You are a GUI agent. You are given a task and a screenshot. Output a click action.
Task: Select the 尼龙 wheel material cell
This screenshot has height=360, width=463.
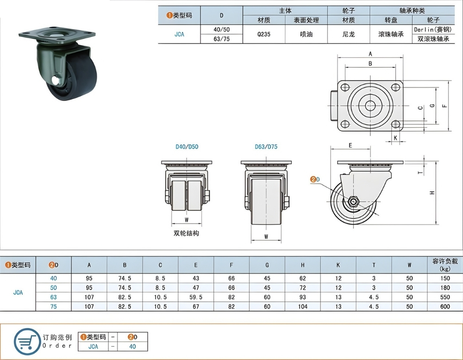pos(348,34)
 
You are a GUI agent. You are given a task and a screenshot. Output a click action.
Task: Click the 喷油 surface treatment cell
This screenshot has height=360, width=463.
pos(306,34)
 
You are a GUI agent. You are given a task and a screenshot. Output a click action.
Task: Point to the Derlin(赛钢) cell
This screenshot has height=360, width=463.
pos(433,29)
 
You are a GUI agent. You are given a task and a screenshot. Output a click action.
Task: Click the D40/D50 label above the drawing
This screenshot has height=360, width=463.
pos(186,147)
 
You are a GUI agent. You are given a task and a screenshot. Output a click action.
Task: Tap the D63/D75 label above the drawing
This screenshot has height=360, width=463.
pos(266,147)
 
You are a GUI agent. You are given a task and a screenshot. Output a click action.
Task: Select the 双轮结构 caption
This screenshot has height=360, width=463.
pos(186,233)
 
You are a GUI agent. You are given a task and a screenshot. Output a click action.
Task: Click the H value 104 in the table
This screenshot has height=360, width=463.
pos(302,306)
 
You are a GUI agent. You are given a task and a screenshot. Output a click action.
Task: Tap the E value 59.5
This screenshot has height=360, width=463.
pos(196,297)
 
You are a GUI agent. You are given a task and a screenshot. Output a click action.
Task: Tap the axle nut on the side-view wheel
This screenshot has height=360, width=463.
pos(353,201)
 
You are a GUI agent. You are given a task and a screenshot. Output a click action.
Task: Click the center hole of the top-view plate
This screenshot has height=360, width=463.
pos(370,105)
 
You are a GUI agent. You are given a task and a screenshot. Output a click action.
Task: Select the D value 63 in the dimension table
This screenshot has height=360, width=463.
pos(54,297)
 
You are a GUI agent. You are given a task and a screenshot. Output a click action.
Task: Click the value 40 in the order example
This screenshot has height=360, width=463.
pos(133,346)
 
